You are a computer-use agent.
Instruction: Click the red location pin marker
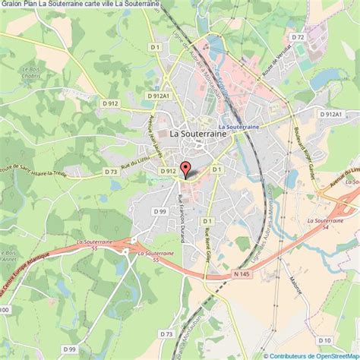pos(184,170)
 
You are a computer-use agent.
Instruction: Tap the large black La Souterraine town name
pos(198,132)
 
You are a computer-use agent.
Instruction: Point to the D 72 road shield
pos(298,36)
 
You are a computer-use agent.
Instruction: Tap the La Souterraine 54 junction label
pos(322,222)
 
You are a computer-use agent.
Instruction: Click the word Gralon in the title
pos(11,4)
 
